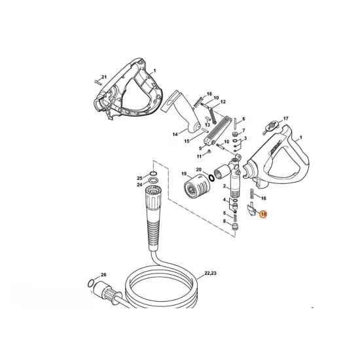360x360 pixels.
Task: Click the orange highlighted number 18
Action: (263, 214)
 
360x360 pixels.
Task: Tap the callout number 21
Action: (104, 77)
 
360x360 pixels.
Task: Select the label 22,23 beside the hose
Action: (210, 273)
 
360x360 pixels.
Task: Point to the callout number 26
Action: (104, 275)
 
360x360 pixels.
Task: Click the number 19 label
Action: (184, 173)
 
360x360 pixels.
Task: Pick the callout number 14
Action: (175, 134)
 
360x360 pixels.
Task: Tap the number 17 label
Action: (285, 118)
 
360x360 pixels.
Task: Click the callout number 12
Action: (223, 101)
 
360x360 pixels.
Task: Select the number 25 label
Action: (139, 178)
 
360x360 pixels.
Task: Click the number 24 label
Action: (139, 185)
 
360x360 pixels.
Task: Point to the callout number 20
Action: (198, 170)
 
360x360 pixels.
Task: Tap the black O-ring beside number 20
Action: (211, 177)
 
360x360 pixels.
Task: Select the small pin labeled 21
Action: (98, 82)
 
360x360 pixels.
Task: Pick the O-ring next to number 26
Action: (91, 283)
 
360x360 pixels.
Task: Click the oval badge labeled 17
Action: (272, 126)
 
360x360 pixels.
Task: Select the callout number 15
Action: (187, 141)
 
